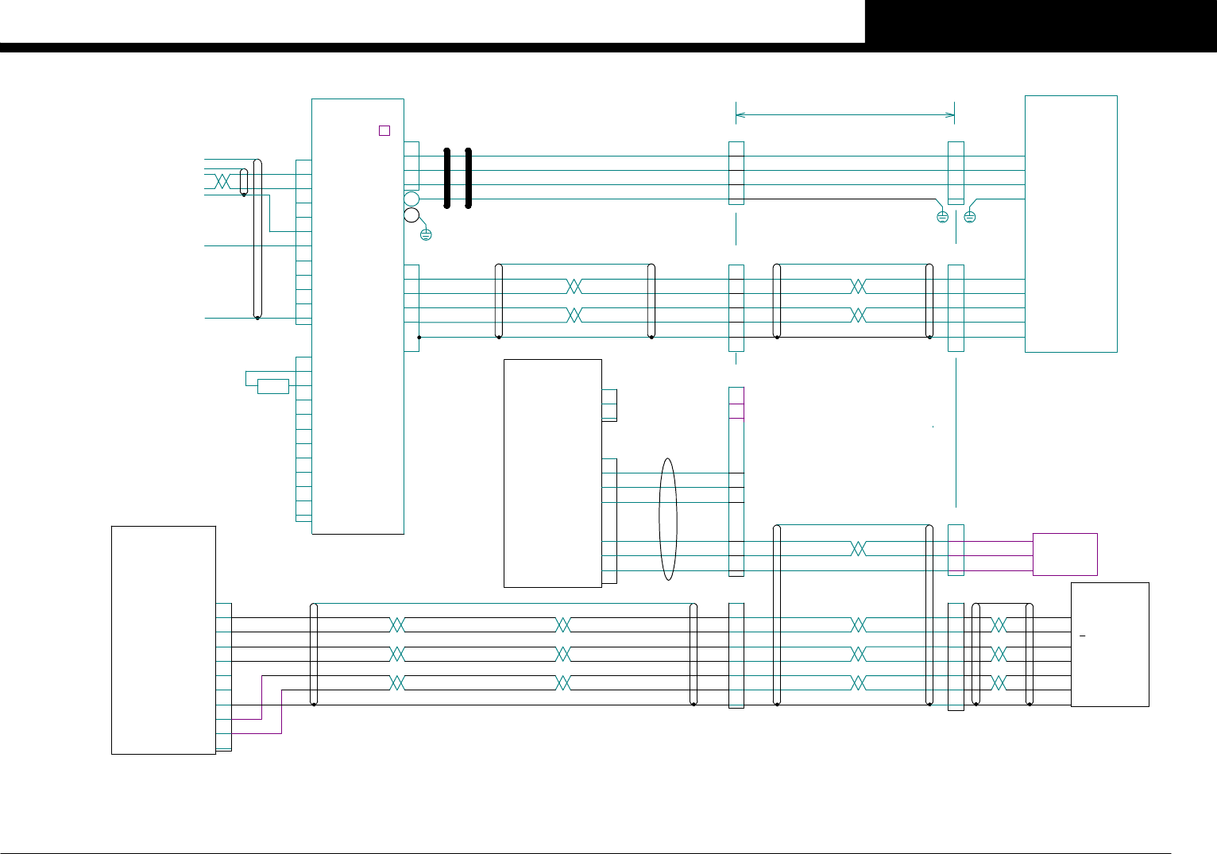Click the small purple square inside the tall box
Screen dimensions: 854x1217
pos(384,130)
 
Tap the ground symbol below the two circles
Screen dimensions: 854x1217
pos(426,234)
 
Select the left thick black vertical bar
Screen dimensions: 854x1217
pos(447,178)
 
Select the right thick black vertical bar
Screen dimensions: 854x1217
pos(469,178)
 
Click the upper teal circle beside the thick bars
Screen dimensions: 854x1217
pos(411,199)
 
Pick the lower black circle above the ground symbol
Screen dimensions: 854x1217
pos(411,215)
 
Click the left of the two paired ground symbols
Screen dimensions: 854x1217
pos(943,217)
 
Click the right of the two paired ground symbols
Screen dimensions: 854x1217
pos(970,217)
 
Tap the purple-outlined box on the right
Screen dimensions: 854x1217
pos(1065,554)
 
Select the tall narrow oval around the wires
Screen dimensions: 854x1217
pos(668,519)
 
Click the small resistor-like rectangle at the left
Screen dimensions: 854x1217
pos(273,386)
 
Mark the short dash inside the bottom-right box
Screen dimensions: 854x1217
pos(1082,636)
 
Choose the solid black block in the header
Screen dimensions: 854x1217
pos(1041,21)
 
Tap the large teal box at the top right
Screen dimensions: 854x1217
pos(1071,223)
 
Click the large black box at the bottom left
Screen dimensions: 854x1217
pos(164,640)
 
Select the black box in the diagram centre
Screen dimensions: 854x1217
pos(553,473)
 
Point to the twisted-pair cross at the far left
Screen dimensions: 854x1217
pos(222,181)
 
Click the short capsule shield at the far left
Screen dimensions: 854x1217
pos(244,181)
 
